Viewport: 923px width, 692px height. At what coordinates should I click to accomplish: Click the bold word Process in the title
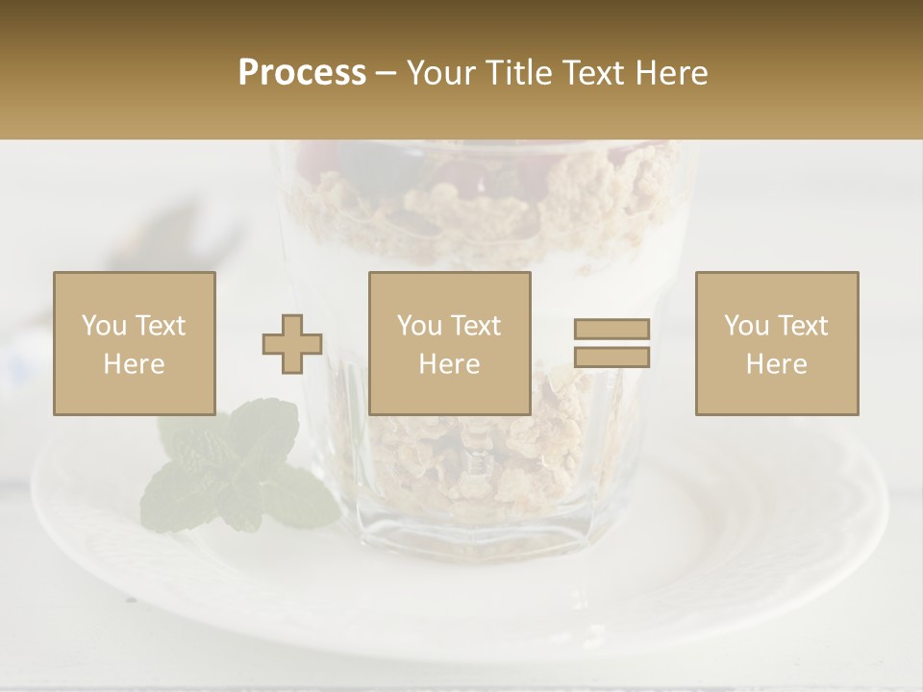[x=302, y=73]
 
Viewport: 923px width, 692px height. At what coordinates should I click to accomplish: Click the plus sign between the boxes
[x=292, y=343]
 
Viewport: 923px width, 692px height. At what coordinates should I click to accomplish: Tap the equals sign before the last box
[x=611, y=343]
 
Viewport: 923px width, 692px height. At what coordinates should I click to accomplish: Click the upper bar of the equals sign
[x=611, y=330]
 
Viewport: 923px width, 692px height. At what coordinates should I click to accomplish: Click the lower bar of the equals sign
[x=611, y=357]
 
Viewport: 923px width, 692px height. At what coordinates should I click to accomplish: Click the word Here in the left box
[x=135, y=364]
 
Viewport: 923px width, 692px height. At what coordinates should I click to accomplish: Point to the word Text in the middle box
[x=475, y=326]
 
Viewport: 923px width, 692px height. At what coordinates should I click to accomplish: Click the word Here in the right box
[x=777, y=364]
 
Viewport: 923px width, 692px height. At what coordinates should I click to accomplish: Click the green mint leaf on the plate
[x=236, y=471]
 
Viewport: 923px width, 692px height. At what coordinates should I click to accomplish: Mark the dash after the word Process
[x=387, y=73]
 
